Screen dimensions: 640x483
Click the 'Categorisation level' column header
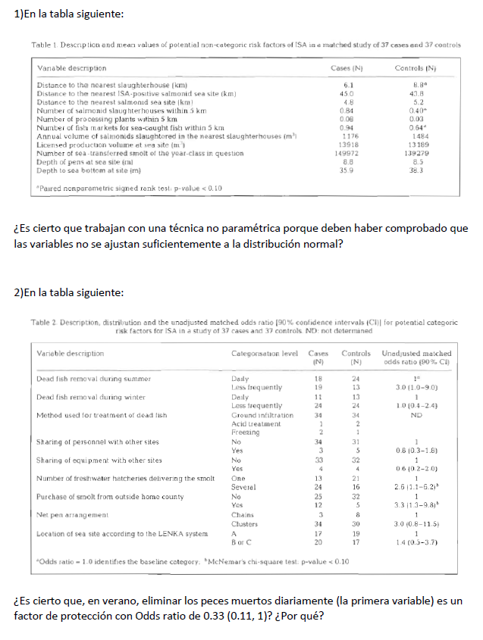(x=264, y=354)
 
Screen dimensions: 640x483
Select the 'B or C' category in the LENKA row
(x=241, y=545)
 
